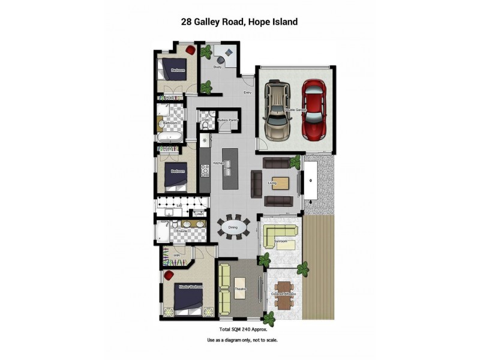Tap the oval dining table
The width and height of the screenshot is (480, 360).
[233, 228]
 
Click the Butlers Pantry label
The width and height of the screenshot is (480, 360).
[228, 120]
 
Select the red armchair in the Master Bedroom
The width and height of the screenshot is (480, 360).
[169, 275]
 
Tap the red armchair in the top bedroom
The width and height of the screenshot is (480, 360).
[190, 49]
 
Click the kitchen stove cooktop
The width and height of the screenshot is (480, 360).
[205, 169]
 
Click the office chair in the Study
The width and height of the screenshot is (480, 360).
[220, 59]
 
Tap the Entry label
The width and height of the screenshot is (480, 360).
[247, 93]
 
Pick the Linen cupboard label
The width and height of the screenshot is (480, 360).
[200, 214]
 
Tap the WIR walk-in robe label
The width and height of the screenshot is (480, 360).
[176, 256]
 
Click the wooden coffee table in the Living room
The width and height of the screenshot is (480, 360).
[281, 182]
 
